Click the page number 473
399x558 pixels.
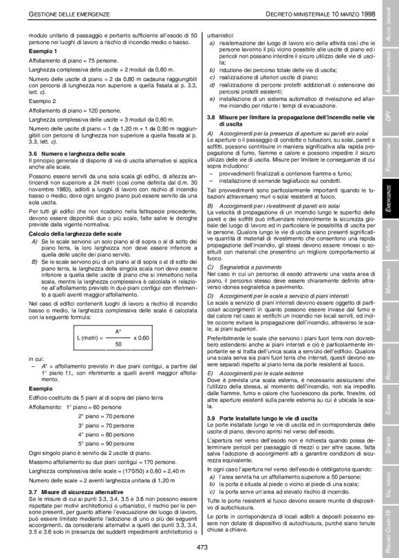(202, 547)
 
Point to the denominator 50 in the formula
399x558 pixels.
(118, 344)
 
